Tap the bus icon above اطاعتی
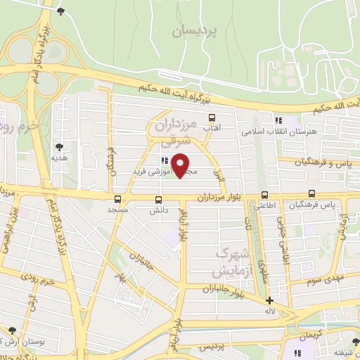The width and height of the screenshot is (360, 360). coord(264,195)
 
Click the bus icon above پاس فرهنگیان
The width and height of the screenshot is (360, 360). coord(312,195)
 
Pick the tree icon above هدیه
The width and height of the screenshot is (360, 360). coord(59,146)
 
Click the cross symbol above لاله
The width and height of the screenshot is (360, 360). coord(270,300)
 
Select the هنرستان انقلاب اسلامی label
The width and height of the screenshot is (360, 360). coord(309,131)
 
